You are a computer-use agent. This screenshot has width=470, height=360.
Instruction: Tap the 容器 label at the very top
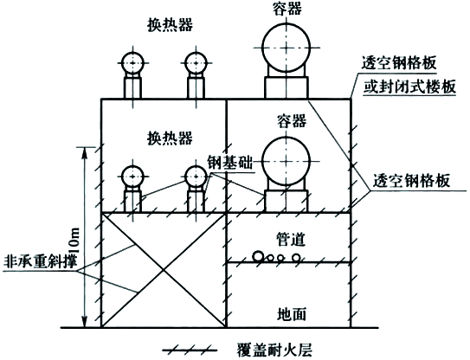(x=286, y=8)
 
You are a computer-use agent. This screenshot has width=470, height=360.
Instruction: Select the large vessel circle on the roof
(x=286, y=45)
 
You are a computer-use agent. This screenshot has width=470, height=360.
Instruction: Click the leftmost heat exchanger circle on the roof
(x=134, y=62)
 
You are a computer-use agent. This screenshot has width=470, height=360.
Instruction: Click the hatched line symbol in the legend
(x=194, y=350)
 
